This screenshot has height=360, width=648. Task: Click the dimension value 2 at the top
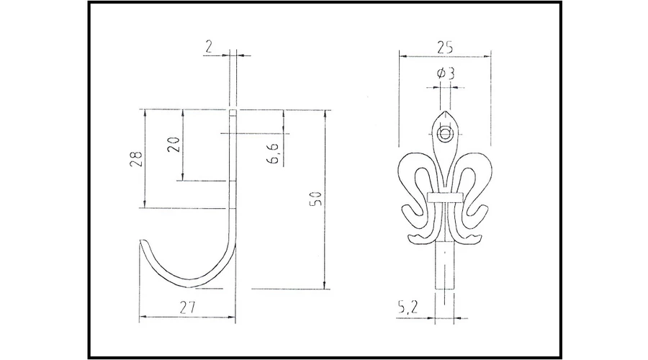pyautogui.click(x=209, y=47)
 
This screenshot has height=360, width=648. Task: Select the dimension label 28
pyautogui.click(x=136, y=158)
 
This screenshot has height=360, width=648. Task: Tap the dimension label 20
pyautogui.click(x=174, y=145)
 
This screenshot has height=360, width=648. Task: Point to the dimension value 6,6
pyautogui.click(x=275, y=153)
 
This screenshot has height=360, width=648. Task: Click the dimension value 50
pyautogui.click(x=316, y=199)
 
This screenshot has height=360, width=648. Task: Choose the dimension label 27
pyautogui.click(x=187, y=307)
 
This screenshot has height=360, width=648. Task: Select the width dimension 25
pyautogui.click(x=444, y=48)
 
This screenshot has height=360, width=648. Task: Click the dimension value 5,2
pyautogui.click(x=408, y=307)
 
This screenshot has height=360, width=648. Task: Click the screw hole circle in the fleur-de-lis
pyautogui.click(x=445, y=135)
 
